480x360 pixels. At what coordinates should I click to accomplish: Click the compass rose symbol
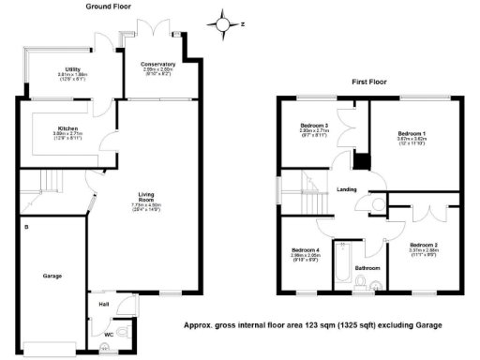coord(223,22)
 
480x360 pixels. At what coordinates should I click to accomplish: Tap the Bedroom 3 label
coord(313,126)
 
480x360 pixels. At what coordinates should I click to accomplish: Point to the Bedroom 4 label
coord(305,249)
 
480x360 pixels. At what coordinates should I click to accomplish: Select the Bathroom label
coord(367,267)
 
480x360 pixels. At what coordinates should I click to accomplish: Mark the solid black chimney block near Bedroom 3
coord(359,161)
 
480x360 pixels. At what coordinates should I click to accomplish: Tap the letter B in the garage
coord(27,227)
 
